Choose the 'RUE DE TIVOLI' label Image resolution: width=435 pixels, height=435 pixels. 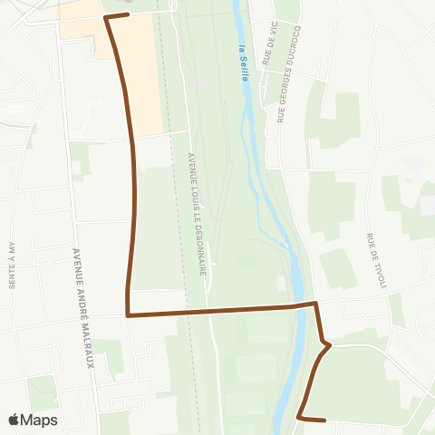tap(376, 262)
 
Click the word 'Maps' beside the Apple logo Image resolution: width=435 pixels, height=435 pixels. tap(40, 420)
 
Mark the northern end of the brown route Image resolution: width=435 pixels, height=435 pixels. tap(128, 14)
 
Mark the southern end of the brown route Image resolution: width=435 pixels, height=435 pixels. tap(324, 420)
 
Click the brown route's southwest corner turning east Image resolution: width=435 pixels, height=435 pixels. tap(128, 315)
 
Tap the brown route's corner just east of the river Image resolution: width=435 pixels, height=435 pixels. tap(314, 304)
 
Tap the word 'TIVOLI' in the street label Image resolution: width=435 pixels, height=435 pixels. tap(381, 275)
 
